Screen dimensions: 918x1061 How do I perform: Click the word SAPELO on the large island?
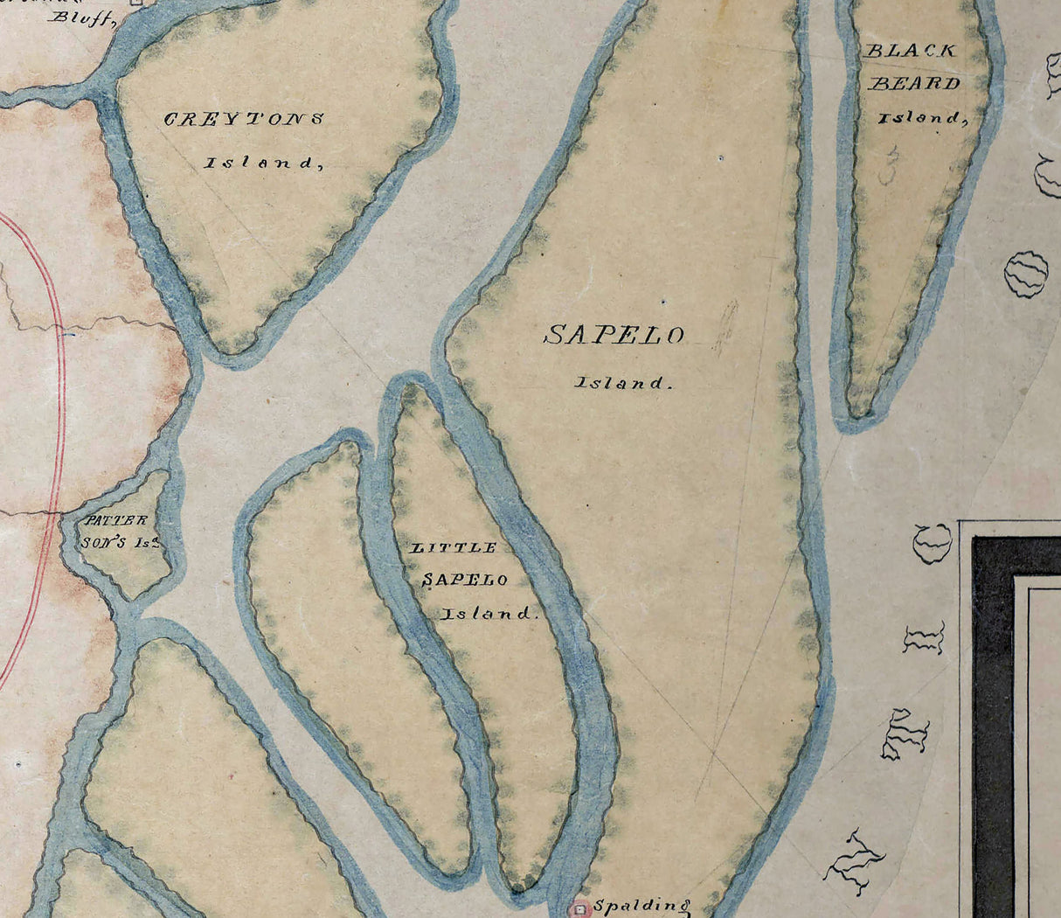click(614, 335)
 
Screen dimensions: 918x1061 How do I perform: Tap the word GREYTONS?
click(244, 119)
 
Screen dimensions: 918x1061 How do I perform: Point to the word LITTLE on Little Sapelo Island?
click(454, 548)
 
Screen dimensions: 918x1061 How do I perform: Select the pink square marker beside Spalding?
click(580, 909)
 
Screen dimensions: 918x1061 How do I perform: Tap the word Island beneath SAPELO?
click(623, 383)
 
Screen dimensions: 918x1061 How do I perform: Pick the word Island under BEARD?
click(923, 117)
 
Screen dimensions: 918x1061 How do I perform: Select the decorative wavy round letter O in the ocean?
click(1026, 274)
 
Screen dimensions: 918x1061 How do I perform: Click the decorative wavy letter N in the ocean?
click(855, 860)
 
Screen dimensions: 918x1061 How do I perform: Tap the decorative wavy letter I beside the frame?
click(924, 639)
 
